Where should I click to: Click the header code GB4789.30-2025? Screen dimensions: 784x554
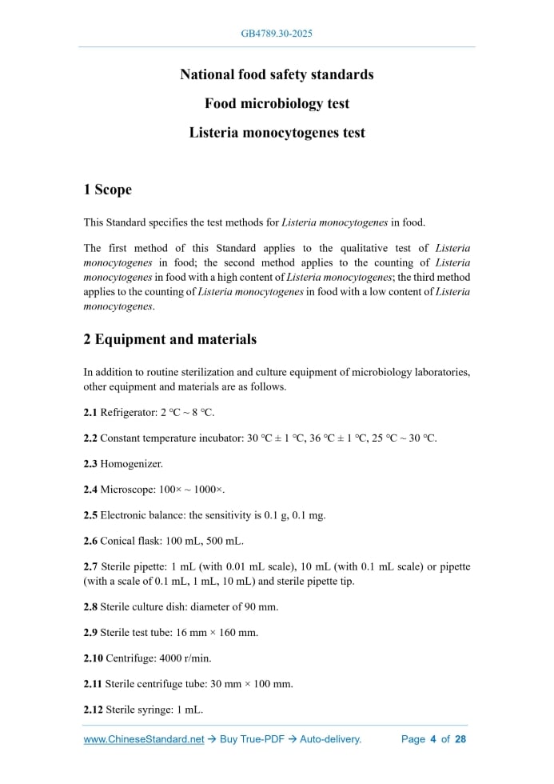point(277,34)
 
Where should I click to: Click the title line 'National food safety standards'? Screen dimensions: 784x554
point(277,74)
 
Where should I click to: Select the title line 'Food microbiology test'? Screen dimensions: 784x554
point(277,103)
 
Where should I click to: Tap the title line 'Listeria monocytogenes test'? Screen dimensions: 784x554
point(277,132)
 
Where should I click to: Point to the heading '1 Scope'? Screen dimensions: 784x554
point(107,190)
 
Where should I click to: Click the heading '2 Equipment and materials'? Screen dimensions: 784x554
point(170,339)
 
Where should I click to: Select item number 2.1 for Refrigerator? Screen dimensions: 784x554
point(90,413)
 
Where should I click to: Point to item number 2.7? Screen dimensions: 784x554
point(90,566)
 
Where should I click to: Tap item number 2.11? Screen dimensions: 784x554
point(93,683)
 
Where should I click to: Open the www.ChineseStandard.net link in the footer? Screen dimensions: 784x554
point(144,739)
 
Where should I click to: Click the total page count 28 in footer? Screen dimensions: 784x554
point(460,739)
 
